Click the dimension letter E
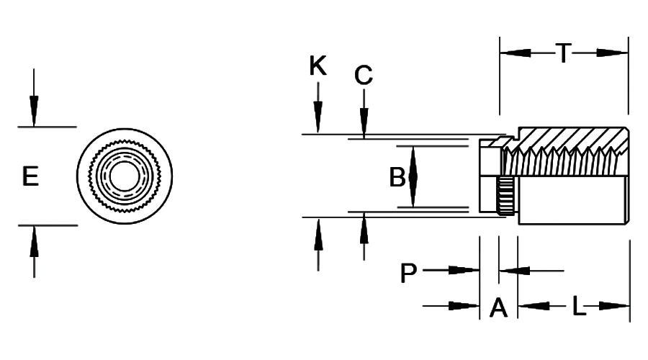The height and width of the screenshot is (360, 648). pyautogui.click(x=30, y=176)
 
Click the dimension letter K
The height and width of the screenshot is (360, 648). pyautogui.click(x=318, y=66)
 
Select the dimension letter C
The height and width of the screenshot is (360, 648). pyautogui.click(x=364, y=75)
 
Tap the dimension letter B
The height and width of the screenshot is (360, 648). pyautogui.click(x=397, y=177)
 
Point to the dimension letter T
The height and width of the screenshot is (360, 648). pyautogui.click(x=563, y=53)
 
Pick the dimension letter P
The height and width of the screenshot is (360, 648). pyautogui.click(x=408, y=274)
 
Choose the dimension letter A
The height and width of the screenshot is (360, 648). pyautogui.click(x=498, y=308)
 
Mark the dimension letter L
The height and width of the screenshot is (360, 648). pyautogui.click(x=579, y=307)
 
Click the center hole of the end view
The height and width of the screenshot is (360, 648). pyautogui.click(x=124, y=176)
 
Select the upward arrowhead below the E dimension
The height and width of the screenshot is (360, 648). pyautogui.click(x=33, y=237)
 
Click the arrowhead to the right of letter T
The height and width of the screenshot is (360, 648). pyautogui.click(x=612, y=53)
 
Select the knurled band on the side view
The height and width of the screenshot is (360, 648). pyautogui.click(x=505, y=195)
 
